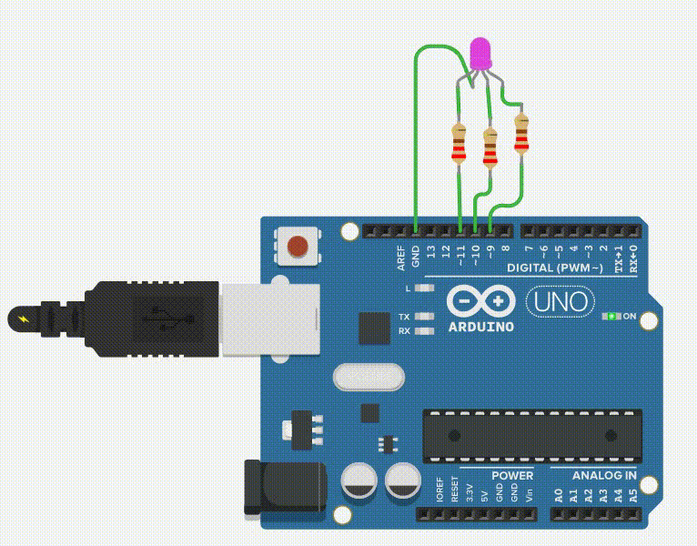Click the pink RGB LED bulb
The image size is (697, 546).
point(480,53)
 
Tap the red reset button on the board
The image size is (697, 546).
point(297,246)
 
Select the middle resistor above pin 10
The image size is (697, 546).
point(490,149)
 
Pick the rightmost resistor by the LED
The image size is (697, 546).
point(521,134)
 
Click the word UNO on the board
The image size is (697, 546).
point(561,300)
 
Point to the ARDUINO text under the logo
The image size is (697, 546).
point(481,327)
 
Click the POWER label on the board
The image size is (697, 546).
point(512,476)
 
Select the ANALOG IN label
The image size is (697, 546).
point(604,476)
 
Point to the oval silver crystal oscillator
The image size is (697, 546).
point(369,376)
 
